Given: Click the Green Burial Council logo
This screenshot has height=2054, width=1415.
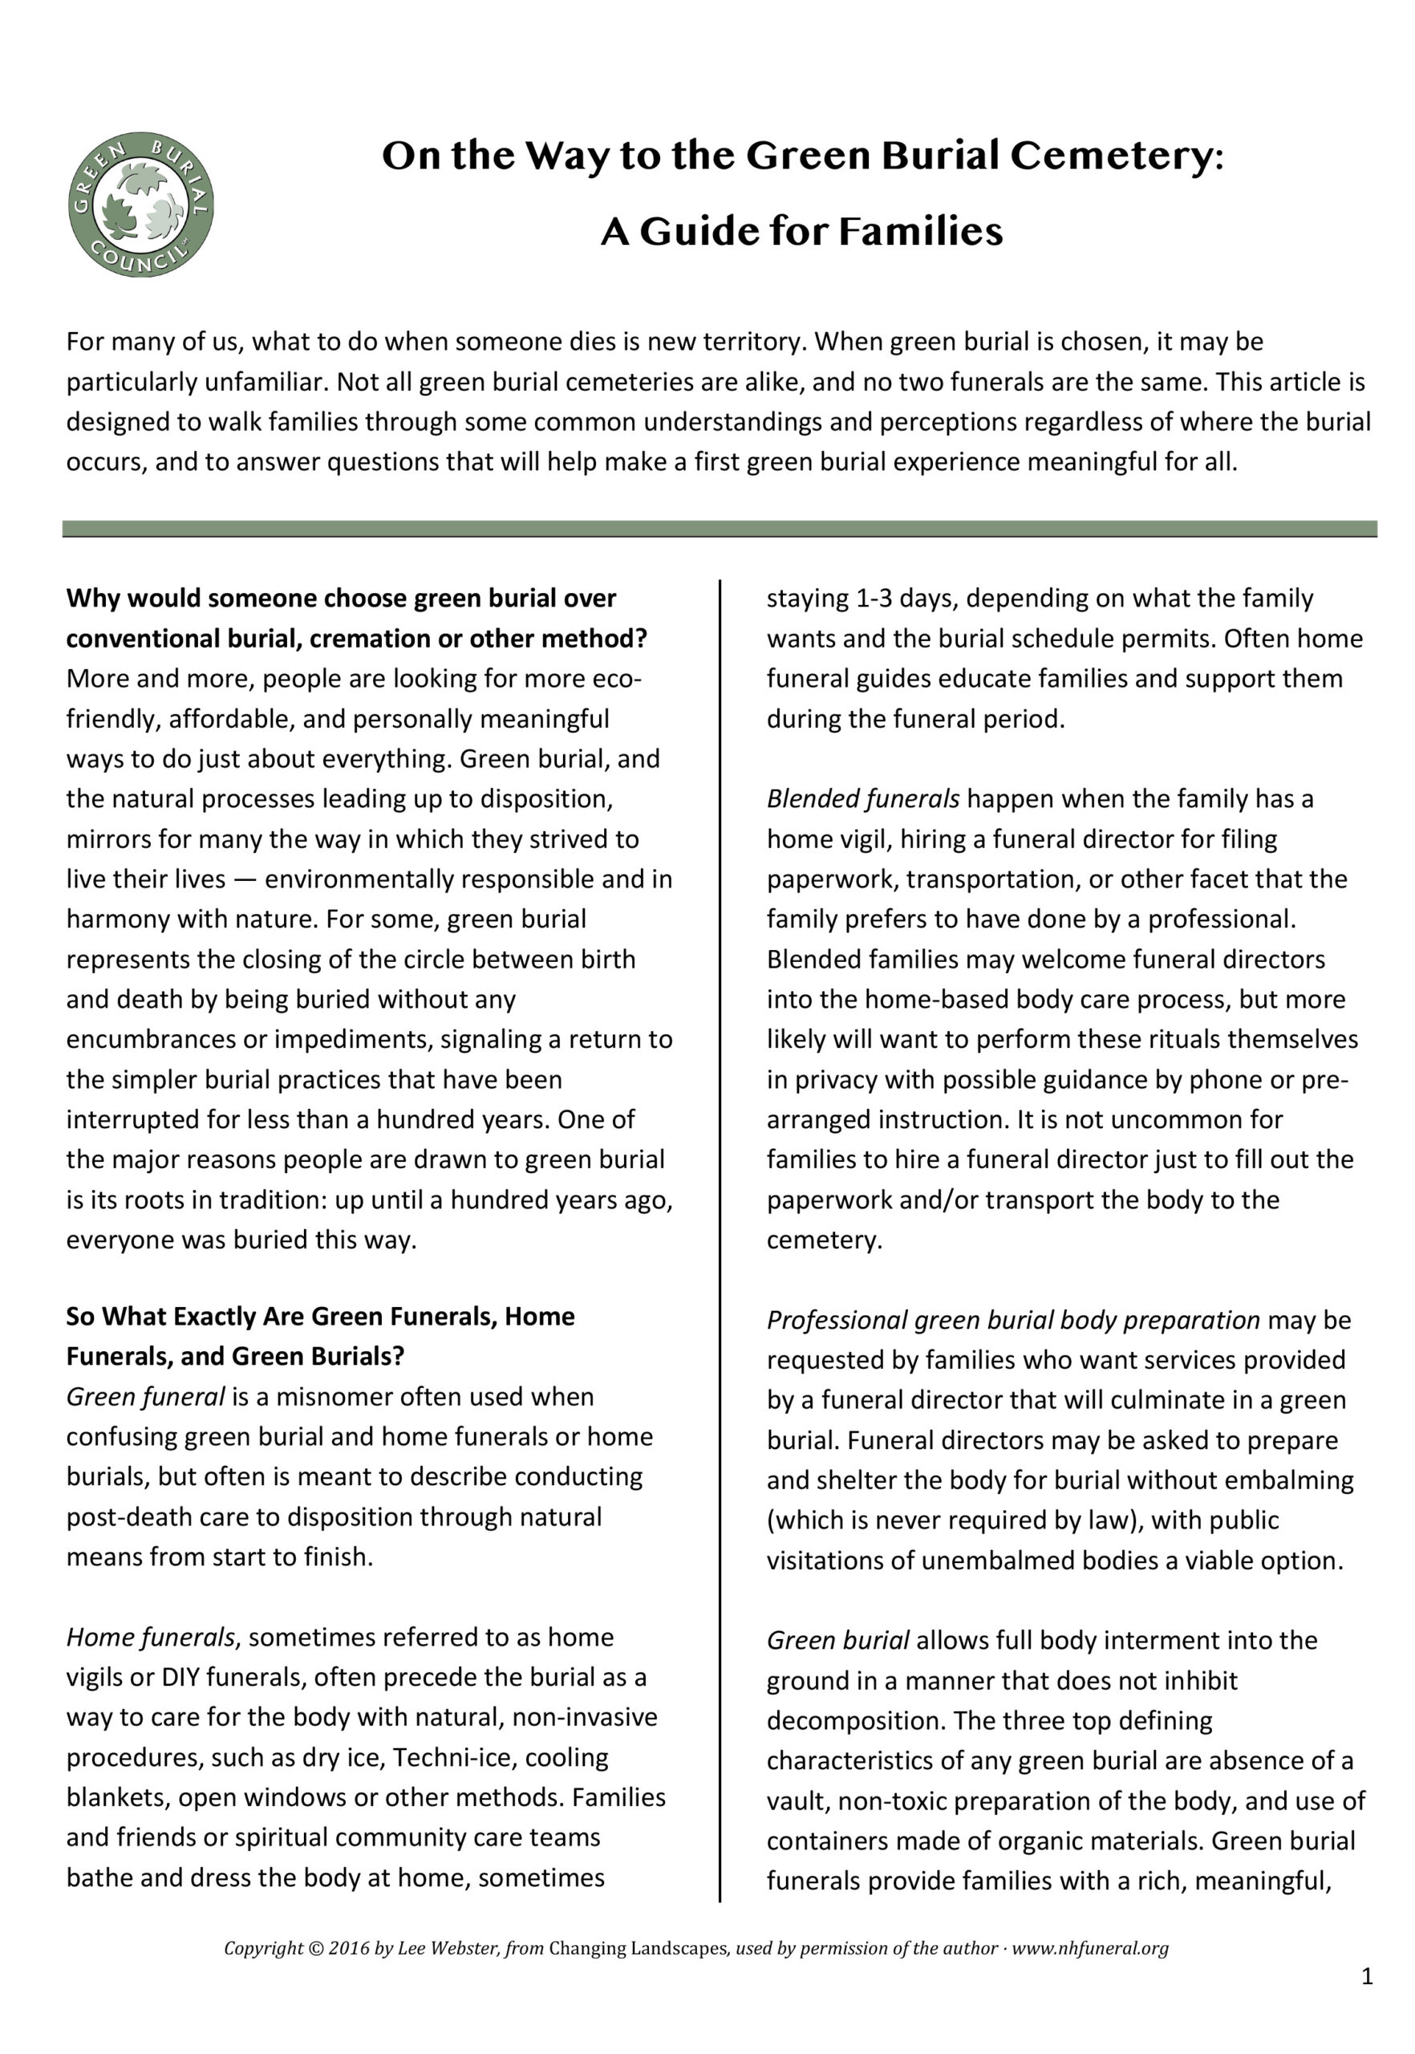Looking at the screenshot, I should tap(141, 205).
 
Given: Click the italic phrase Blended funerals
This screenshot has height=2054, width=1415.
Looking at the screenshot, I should tap(862, 799).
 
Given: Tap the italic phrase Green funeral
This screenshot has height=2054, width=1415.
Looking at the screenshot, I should tap(145, 1397).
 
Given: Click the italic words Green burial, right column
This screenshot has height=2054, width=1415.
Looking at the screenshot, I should tap(837, 1641).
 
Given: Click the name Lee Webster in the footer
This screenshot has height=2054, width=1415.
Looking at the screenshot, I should tap(448, 1948).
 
